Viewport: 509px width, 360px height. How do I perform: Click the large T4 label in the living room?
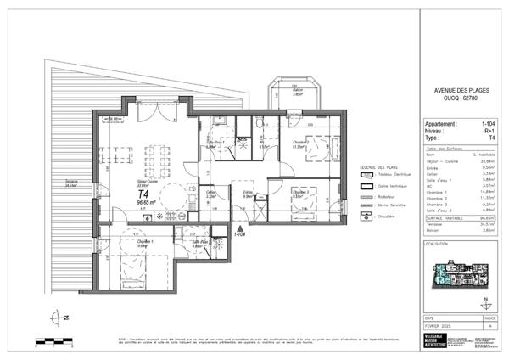coord(144,194)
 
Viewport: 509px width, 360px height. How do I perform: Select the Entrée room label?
coord(248,193)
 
